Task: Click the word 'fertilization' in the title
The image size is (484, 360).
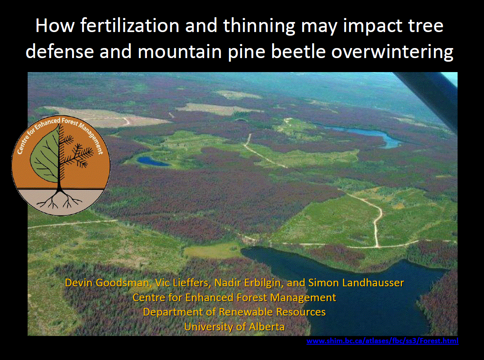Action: (130, 26)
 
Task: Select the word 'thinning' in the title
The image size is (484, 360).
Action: (258, 26)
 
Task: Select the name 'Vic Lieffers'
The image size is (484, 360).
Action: (183, 283)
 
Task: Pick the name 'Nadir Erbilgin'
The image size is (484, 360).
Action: (249, 283)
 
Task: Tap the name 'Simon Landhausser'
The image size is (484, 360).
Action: (356, 283)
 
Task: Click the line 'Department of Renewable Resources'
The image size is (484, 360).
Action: (234, 312)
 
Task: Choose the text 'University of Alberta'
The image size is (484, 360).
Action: (234, 327)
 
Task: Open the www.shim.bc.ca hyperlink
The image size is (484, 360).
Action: (382, 341)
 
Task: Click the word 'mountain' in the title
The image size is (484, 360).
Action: (180, 52)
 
